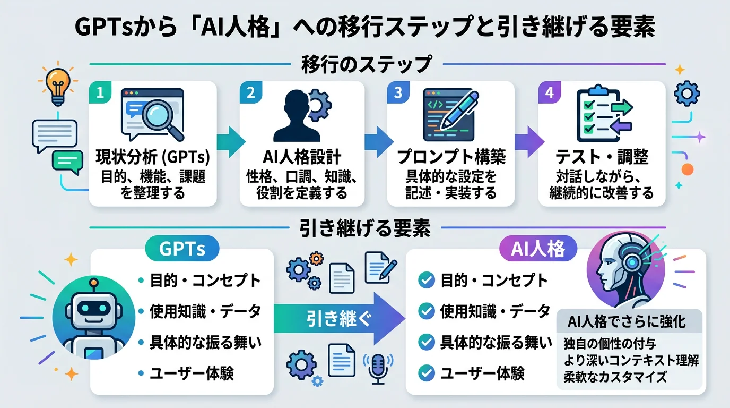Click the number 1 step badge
click(101, 93)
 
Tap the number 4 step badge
click(550, 93)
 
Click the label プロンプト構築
click(451, 157)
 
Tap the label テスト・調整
click(602, 157)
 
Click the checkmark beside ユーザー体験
click(426, 373)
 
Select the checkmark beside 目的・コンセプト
click(426, 280)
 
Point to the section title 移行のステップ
click(366, 65)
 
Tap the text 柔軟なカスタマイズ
click(615, 377)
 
